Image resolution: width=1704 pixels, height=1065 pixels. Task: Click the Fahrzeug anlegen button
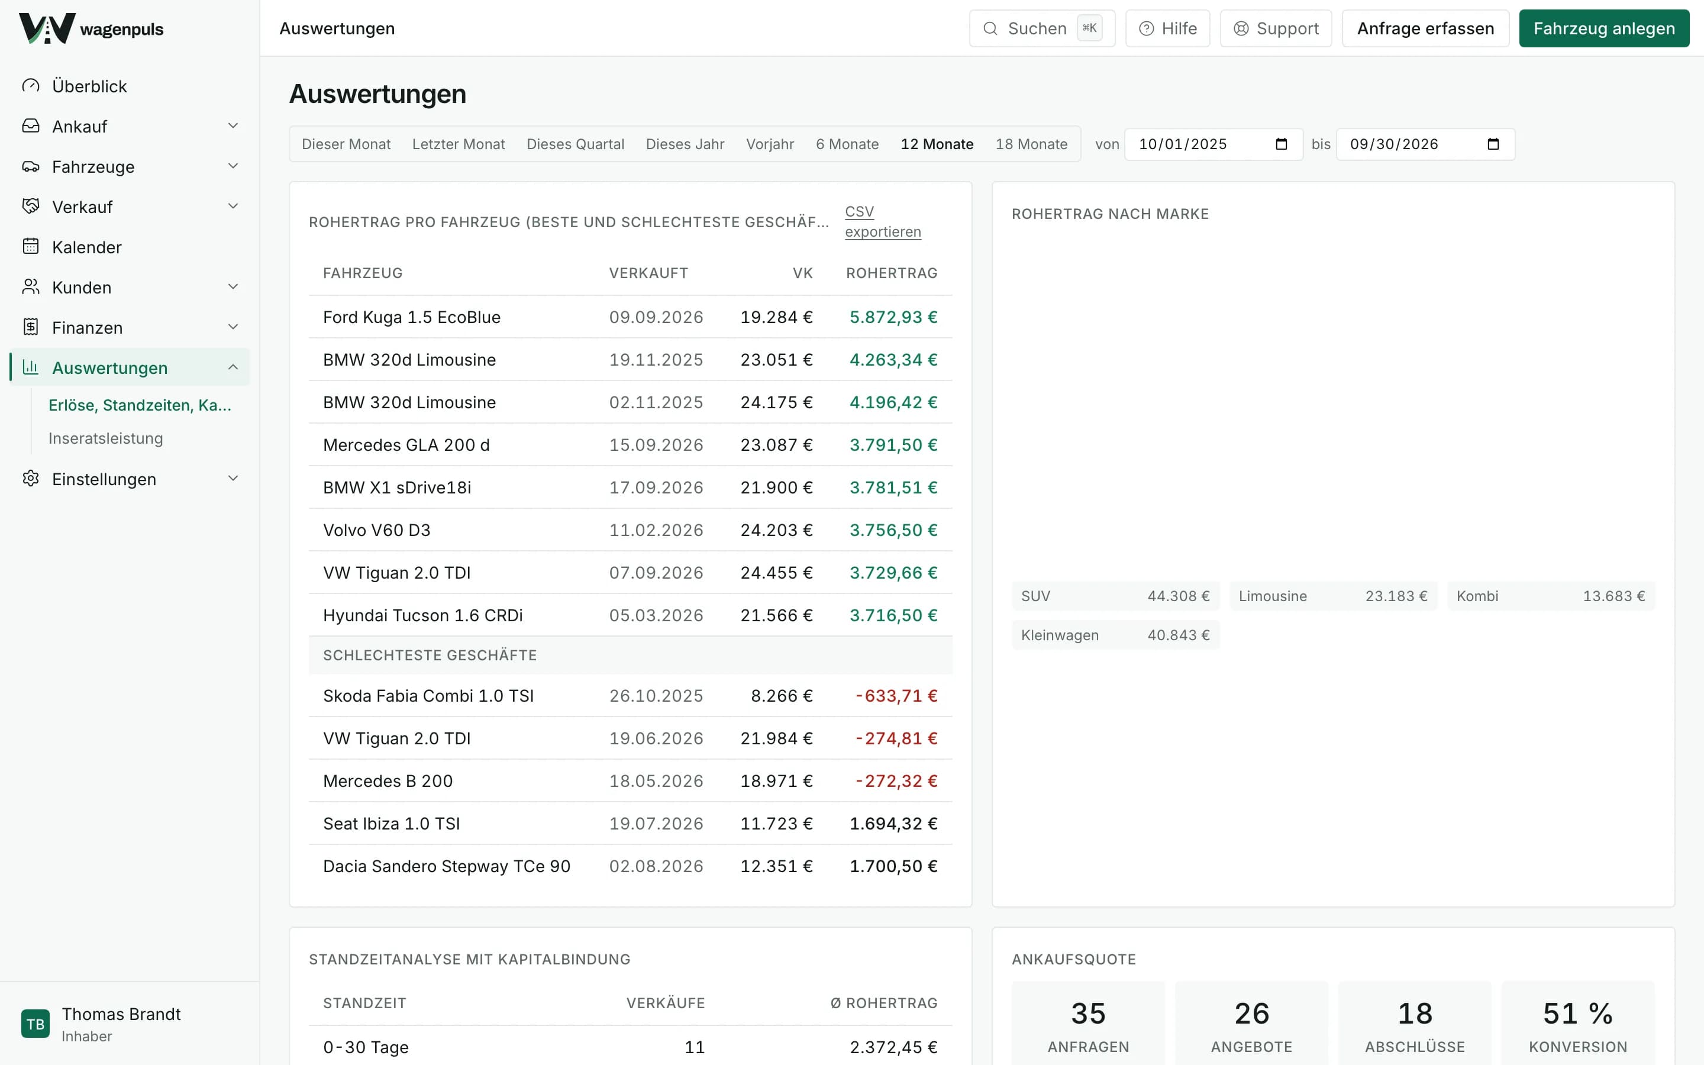point(1603,28)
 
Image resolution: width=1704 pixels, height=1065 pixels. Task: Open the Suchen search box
point(1041,28)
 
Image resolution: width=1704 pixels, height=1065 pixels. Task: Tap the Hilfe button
point(1167,28)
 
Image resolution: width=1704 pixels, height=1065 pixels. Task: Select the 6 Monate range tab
point(847,144)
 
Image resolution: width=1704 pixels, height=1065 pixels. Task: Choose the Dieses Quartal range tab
point(575,144)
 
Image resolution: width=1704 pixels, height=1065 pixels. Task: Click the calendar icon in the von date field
point(1281,144)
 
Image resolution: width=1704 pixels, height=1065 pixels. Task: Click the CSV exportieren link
point(883,221)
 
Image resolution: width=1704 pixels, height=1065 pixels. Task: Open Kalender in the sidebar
point(86,247)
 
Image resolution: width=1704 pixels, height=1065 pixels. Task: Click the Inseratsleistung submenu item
point(106,438)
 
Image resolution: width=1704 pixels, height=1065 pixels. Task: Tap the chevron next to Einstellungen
point(233,478)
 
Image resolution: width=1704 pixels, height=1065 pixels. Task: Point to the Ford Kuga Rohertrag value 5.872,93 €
point(893,317)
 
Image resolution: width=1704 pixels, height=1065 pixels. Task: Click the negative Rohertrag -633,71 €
point(896,696)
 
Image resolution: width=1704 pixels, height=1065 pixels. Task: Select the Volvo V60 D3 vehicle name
point(377,530)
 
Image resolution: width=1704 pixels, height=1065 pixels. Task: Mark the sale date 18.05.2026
point(656,781)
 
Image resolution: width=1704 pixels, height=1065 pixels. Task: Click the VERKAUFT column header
point(648,273)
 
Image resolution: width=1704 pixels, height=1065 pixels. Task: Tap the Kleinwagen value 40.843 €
point(1178,635)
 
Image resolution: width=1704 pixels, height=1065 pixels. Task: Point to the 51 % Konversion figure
point(1577,1014)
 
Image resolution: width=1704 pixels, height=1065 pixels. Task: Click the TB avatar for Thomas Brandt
point(35,1024)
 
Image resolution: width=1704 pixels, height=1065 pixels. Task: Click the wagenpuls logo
point(92,29)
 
